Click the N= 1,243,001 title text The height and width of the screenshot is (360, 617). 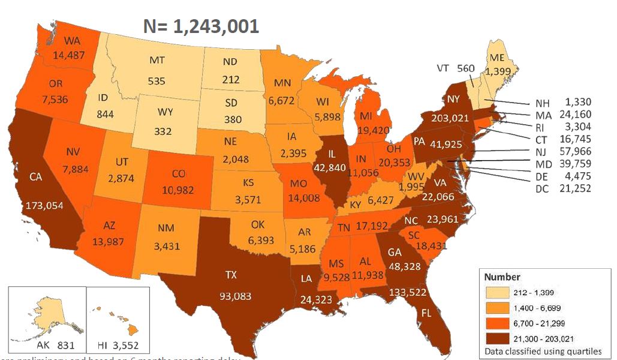pyautogui.click(x=201, y=26)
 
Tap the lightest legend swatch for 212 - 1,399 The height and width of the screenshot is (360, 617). pyautogui.click(x=495, y=293)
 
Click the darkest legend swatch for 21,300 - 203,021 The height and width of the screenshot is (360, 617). pyautogui.click(x=495, y=338)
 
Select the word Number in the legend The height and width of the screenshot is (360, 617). pyautogui.click(x=502, y=277)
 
